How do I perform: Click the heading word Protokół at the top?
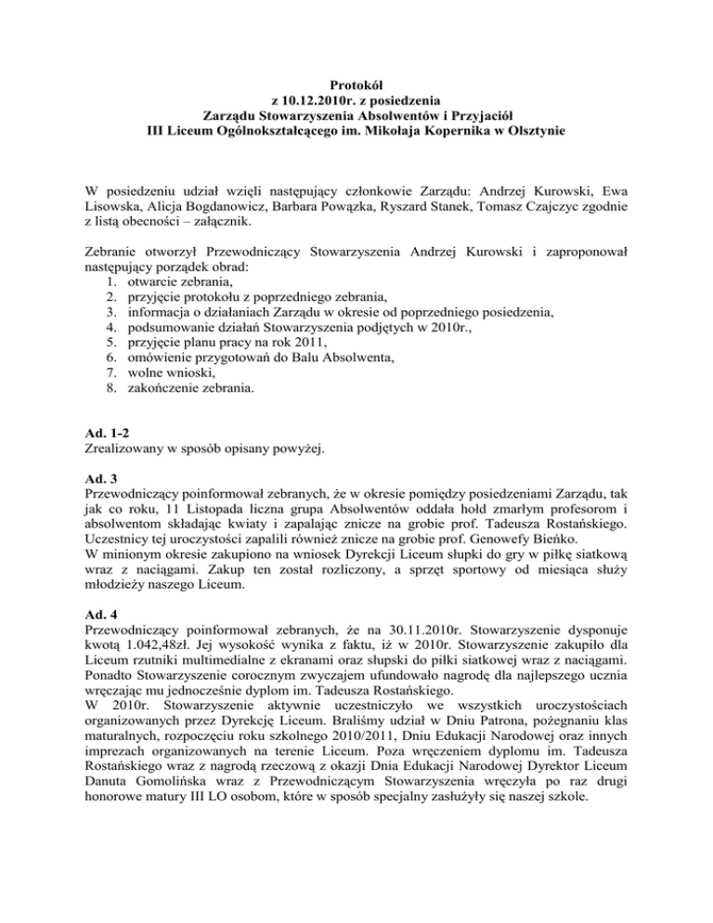click(356, 85)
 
